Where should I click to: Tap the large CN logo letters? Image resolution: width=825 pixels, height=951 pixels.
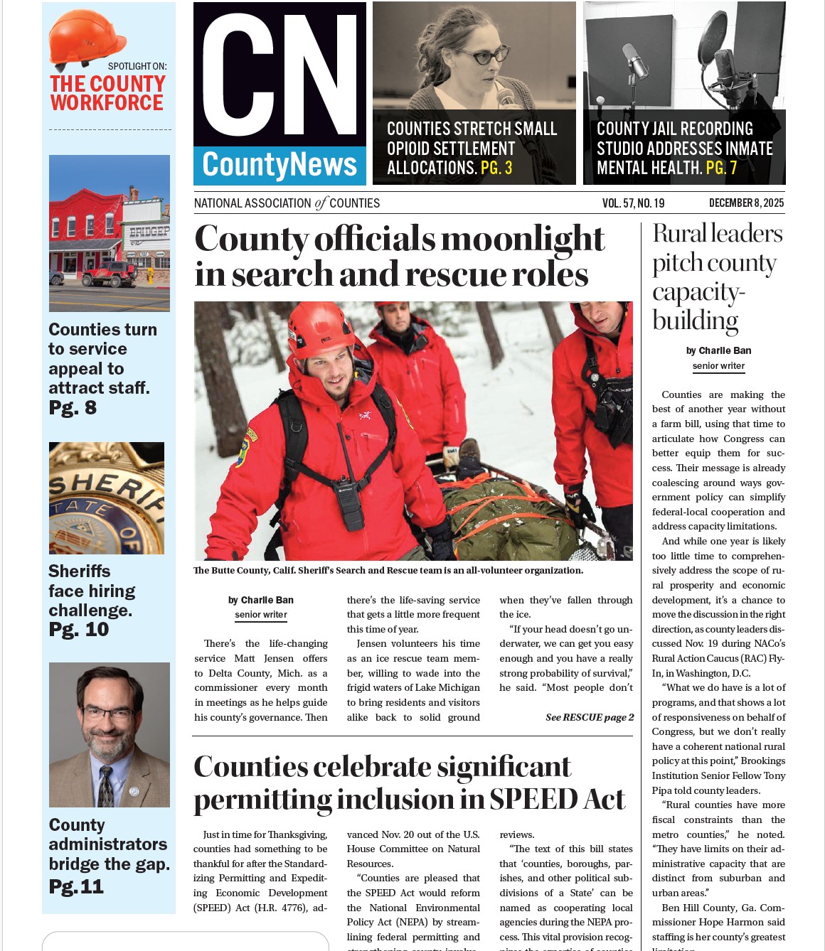point(280,75)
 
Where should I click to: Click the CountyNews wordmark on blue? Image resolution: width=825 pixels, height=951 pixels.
point(280,165)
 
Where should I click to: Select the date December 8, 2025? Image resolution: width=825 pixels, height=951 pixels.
point(746,203)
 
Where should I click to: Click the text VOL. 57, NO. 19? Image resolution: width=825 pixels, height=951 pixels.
point(633,203)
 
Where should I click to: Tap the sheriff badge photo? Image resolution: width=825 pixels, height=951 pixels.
point(107,498)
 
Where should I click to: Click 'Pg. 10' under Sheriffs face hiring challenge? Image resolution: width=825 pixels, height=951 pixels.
point(79,630)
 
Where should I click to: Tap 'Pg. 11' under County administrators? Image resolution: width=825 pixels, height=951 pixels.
point(77,887)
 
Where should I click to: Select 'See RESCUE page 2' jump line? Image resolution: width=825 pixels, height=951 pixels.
point(590,717)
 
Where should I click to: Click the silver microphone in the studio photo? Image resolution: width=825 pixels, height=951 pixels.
point(634,60)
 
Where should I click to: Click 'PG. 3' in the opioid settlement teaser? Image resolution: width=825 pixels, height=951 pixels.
point(496,168)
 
